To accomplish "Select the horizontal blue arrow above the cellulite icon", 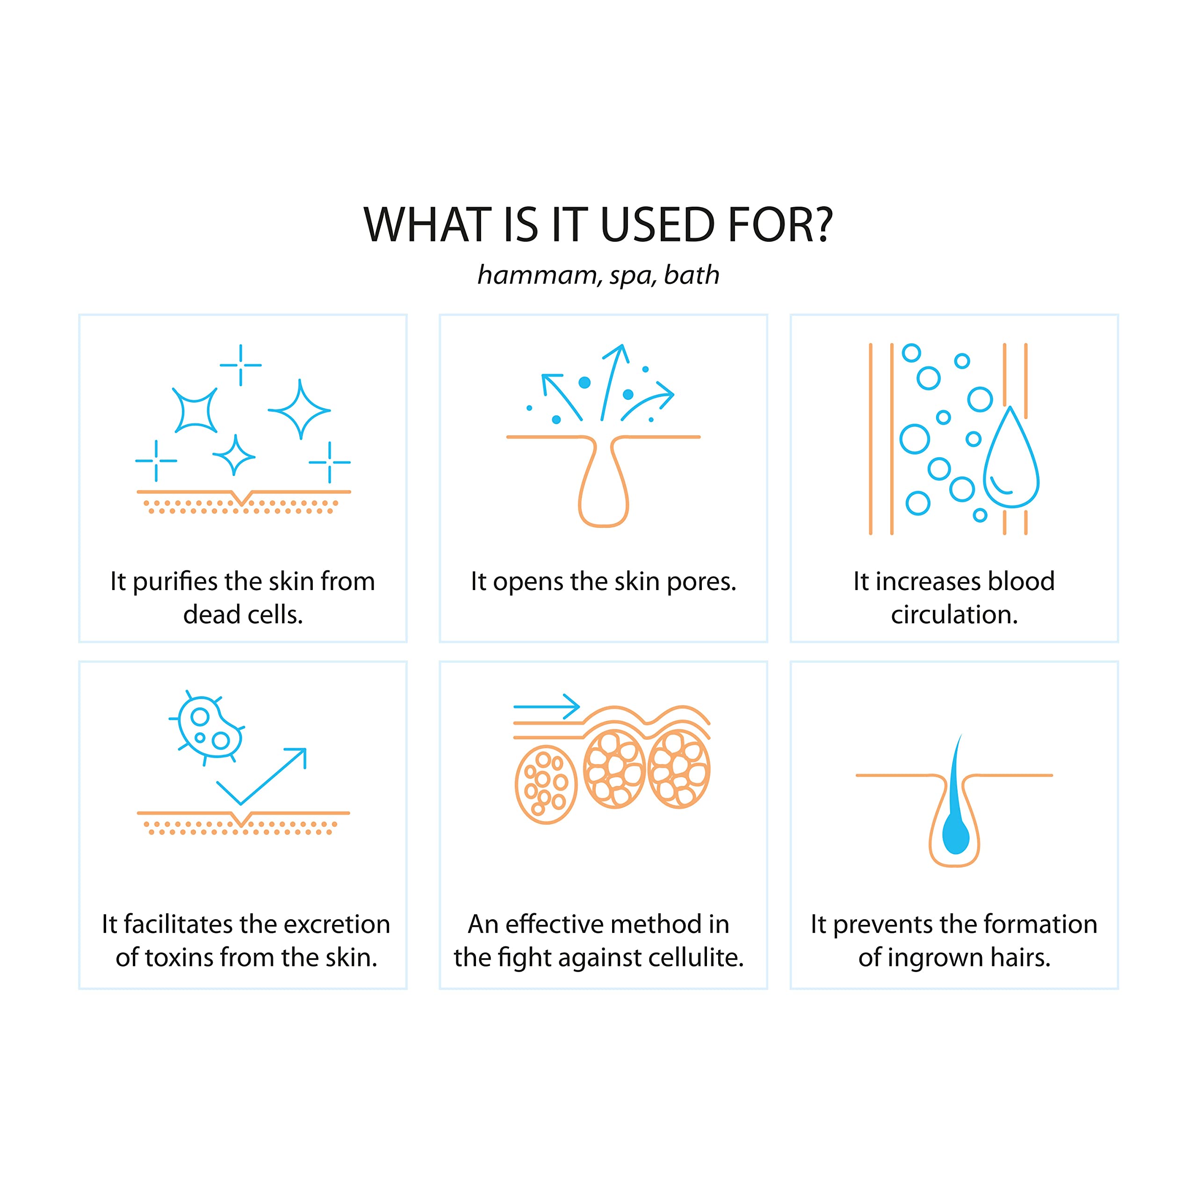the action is pos(547,707).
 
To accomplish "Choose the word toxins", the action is pos(179,958).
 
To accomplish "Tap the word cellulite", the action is pos(696,958).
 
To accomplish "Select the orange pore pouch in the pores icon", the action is pos(604,483).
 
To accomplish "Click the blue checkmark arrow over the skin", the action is pos(261,777).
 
